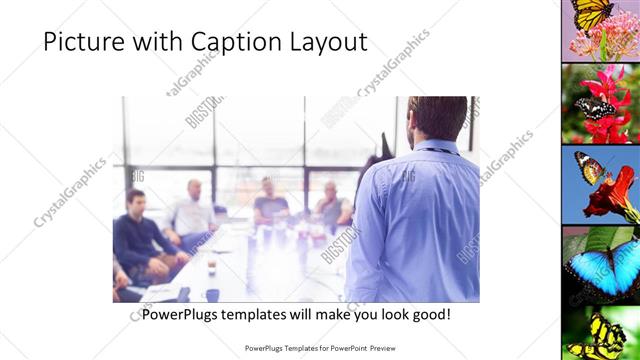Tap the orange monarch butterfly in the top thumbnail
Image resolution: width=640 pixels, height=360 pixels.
click(591, 15)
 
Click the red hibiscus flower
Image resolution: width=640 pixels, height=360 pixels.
click(612, 195)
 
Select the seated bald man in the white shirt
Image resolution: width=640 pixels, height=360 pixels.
click(192, 210)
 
